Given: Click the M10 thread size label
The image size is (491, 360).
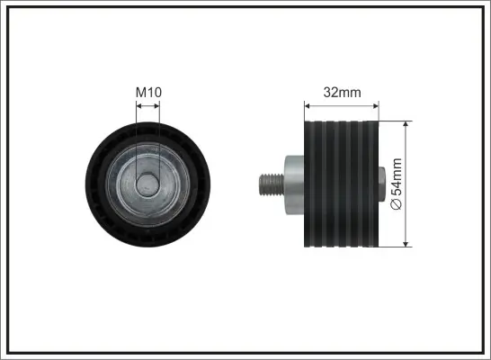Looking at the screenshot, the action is pyautogui.click(x=148, y=92).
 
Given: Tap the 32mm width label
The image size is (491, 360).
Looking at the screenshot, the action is pyautogui.click(x=342, y=92).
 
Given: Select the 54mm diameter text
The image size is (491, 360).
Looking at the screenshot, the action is pyautogui.click(x=397, y=176).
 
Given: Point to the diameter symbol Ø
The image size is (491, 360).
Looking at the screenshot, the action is pyautogui.click(x=397, y=204).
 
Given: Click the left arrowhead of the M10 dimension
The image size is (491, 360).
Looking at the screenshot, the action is pyautogui.click(x=139, y=106).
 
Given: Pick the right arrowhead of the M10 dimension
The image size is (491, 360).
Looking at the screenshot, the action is pyautogui.click(x=156, y=106).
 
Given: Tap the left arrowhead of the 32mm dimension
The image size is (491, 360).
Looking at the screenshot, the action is pyautogui.click(x=308, y=106).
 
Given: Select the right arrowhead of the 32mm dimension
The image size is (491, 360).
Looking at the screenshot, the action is pyautogui.click(x=376, y=106).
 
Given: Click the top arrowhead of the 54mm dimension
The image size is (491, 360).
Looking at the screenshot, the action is pyautogui.click(x=406, y=124).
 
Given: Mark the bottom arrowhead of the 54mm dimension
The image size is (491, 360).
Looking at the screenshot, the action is pyautogui.click(x=406, y=244).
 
